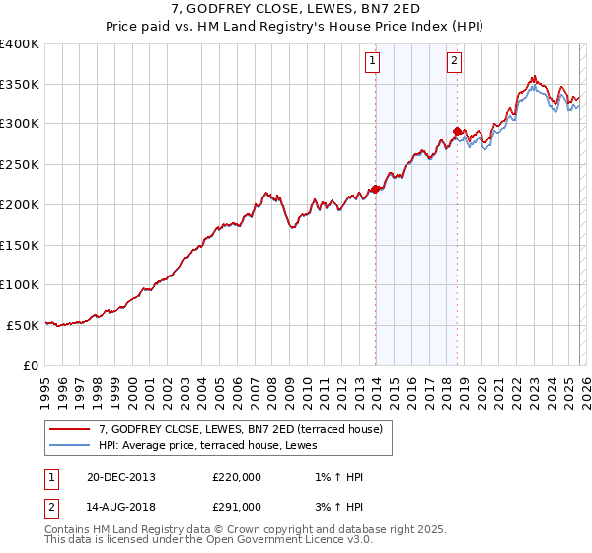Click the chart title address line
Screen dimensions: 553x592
295,11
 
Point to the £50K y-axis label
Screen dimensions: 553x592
22,325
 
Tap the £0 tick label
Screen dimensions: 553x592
30,365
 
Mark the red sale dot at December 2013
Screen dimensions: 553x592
375,189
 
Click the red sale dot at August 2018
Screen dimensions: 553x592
457,131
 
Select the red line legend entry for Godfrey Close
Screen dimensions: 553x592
247,429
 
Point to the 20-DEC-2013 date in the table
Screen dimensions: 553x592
120,477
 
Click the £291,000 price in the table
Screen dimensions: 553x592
237,506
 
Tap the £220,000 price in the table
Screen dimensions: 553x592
237,477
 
